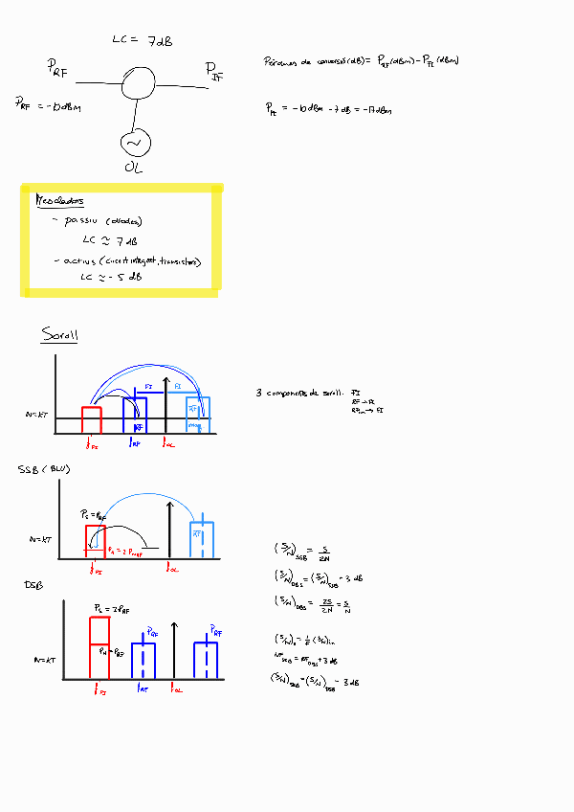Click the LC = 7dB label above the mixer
pyautogui.click(x=142, y=40)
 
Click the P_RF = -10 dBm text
pyautogui.click(x=48, y=104)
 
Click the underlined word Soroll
pyautogui.click(x=59, y=335)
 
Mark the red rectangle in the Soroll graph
pyautogui.click(x=92, y=419)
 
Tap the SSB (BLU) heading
pyautogui.click(x=44, y=470)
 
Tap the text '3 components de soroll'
pyautogui.click(x=297, y=393)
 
